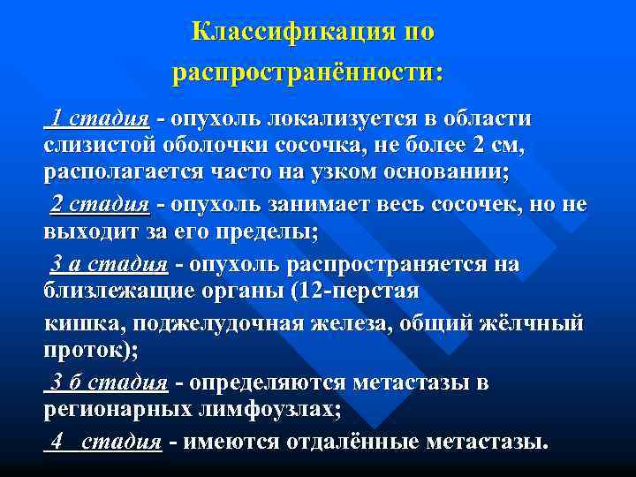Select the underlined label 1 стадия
point(97,118)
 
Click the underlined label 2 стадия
point(99,205)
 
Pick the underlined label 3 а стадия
point(109,263)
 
